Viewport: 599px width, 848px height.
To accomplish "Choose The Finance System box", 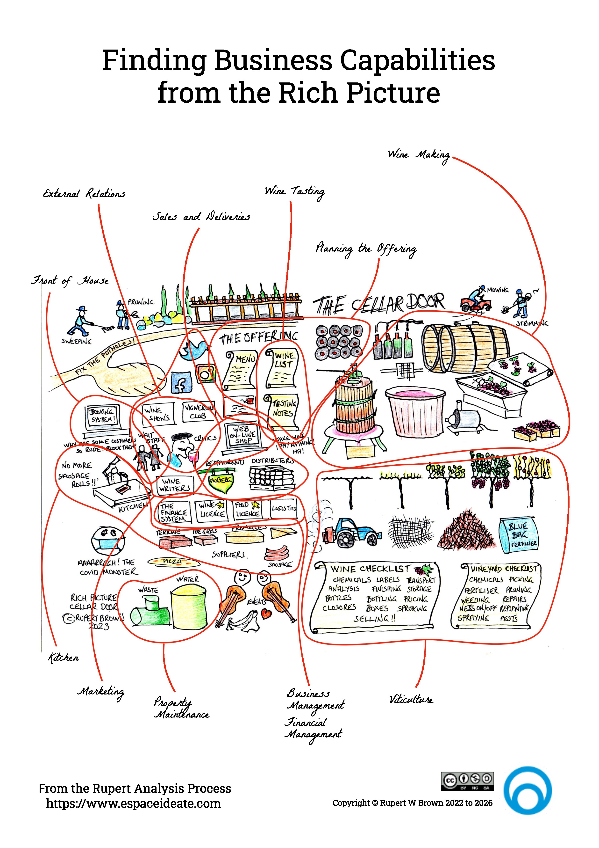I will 173,512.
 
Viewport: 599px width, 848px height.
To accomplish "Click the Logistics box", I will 284,509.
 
